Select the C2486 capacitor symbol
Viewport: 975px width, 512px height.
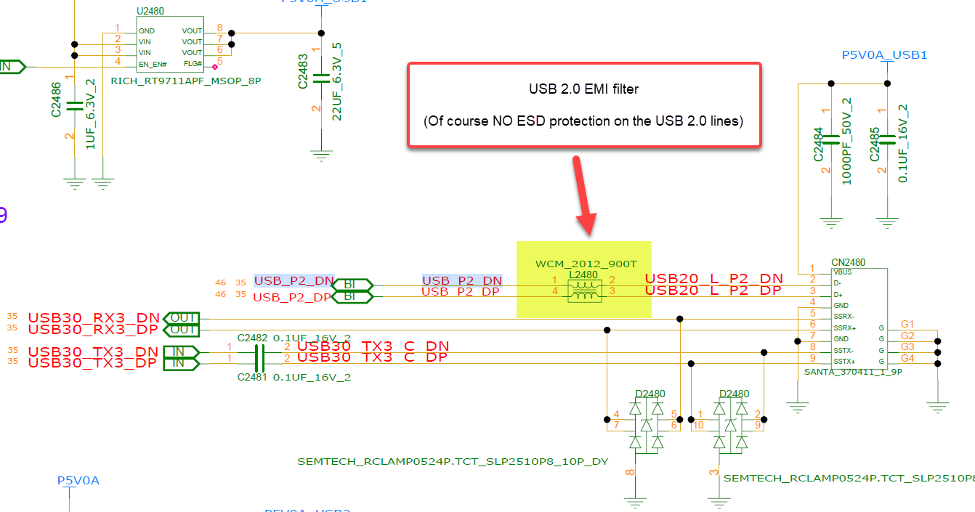74,105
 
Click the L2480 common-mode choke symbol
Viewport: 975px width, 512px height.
583,290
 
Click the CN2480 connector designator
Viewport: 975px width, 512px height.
848,262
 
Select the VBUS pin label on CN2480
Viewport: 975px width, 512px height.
843,272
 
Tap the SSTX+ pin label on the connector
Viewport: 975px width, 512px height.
845,361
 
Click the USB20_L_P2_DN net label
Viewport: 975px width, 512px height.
713,279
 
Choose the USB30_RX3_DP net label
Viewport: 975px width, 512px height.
93,330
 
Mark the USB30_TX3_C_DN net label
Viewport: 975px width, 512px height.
373,346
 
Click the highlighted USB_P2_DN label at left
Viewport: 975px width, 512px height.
294,280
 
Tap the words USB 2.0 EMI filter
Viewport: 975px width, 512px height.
583,89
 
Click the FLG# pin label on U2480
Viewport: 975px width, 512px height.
193,64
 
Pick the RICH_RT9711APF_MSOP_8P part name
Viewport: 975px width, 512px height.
185,81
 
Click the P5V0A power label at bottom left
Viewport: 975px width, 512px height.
78,481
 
